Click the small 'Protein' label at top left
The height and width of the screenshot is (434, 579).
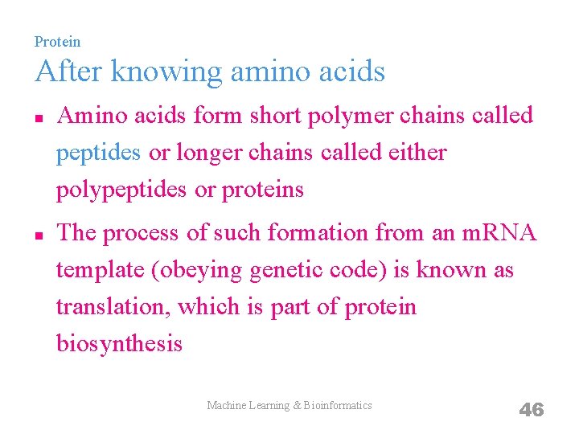[x=57, y=41]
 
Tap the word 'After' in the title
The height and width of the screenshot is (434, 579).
[x=68, y=72]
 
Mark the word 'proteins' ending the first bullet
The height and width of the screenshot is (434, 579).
[x=263, y=190]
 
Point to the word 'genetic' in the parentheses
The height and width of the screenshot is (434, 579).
[x=290, y=271]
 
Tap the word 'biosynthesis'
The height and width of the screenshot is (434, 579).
[x=119, y=344]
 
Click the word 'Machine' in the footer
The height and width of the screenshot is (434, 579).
[x=226, y=406]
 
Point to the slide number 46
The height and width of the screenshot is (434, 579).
[x=531, y=410]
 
